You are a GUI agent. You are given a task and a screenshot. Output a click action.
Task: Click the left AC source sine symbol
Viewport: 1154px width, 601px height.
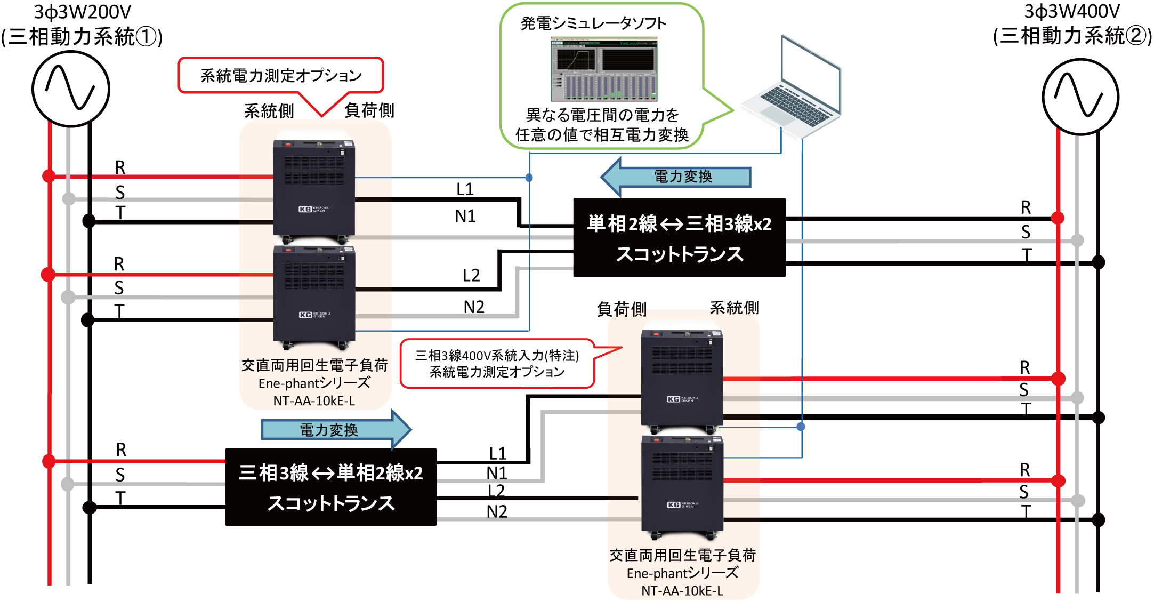pos(71,89)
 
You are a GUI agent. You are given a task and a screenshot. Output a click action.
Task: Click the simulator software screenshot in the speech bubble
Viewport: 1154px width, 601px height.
pos(604,69)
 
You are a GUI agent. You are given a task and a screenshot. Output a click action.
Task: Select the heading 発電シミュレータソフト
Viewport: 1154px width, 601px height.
pos(593,23)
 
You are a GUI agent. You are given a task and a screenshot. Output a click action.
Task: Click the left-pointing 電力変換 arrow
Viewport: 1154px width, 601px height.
pos(676,177)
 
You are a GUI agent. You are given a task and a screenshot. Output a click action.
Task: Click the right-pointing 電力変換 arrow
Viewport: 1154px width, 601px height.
pos(336,430)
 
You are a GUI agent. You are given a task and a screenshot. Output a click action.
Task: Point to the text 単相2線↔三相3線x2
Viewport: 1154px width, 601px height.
pos(680,223)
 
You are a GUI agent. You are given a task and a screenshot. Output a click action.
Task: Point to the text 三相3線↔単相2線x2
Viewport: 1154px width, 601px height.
pos(331,473)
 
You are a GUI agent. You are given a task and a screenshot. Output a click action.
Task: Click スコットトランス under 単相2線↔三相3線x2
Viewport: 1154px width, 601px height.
pos(680,254)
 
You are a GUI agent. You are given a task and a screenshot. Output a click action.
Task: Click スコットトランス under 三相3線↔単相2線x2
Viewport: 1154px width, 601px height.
pos(331,503)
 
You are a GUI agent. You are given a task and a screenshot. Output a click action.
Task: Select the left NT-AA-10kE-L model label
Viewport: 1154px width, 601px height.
pos(314,401)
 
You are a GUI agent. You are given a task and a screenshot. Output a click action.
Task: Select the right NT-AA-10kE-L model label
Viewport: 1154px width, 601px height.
pos(682,591)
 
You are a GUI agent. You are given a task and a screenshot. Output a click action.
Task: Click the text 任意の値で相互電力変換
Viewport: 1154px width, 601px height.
pos(602,134)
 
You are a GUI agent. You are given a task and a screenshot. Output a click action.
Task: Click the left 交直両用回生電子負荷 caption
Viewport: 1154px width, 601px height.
pos(314,365)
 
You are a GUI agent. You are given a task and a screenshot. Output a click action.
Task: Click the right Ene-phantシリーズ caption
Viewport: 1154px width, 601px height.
pos(682,573)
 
